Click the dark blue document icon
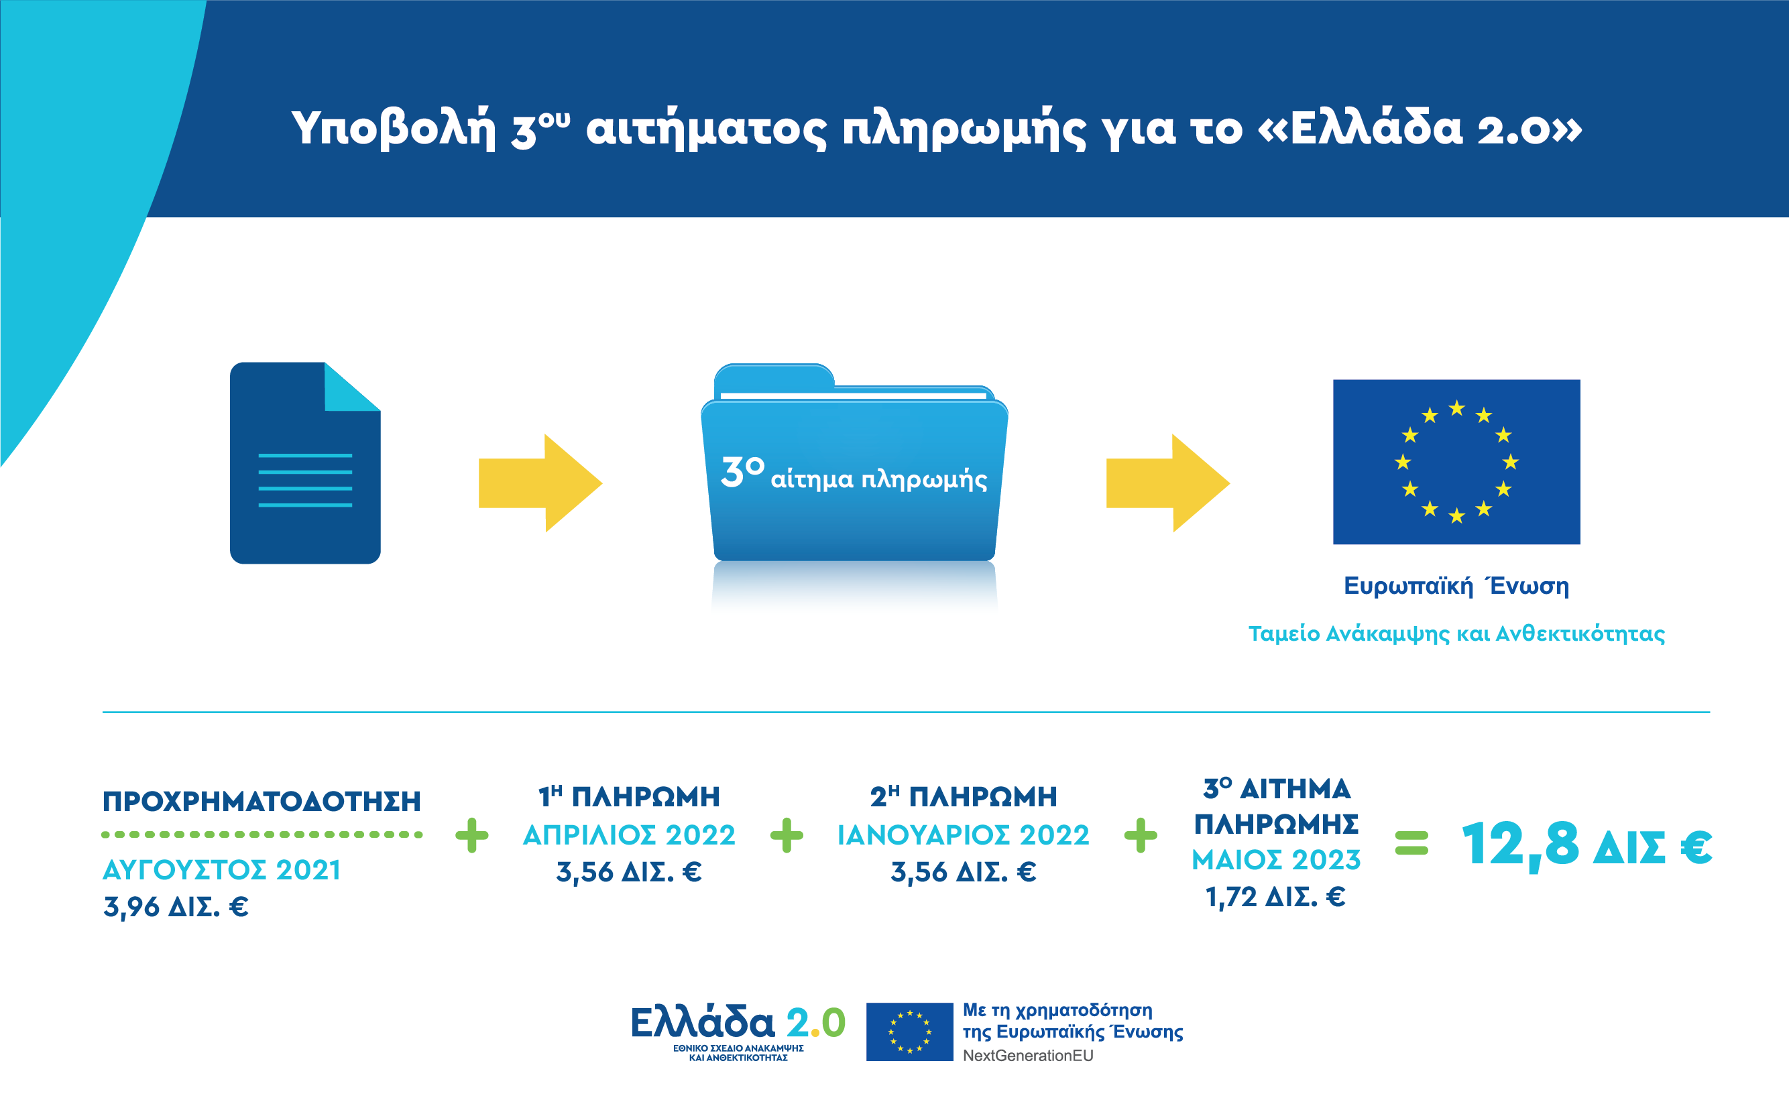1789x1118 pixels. click(304, 463)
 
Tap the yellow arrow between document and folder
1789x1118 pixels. click(540, 483)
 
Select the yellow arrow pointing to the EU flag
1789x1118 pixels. click(1167, 483)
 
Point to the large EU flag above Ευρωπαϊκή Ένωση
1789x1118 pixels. click(1456, 461)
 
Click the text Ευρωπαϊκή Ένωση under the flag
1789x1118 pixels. click(1456, 586)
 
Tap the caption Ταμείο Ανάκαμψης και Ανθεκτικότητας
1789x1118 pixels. click(1456, 633)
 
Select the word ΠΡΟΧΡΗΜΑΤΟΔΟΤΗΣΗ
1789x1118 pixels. click(261, 802)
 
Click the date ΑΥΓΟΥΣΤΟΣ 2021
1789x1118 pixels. click(221, 870)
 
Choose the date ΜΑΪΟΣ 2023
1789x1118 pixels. click(1276, 860)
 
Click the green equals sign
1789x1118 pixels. click(1411, 843)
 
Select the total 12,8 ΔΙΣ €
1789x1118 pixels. click(1586, 845)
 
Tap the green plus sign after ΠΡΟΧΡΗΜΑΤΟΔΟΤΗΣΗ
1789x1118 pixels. click(472, 836)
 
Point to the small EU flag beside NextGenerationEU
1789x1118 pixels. click(909, 1032)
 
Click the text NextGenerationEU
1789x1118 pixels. click(1027, 1056)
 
